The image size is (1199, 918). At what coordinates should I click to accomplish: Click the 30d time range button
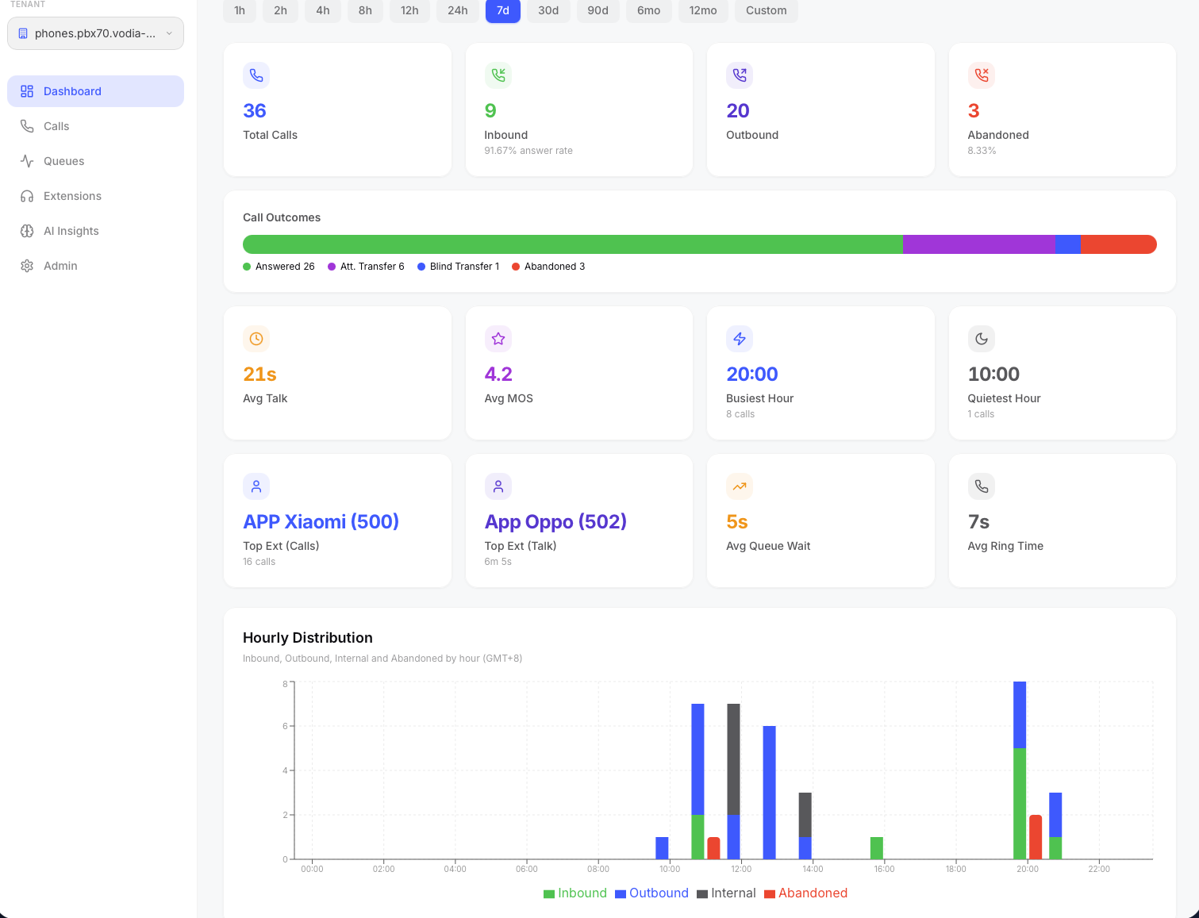(548, 10)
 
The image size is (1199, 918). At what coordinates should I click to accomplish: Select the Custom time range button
(766, 10)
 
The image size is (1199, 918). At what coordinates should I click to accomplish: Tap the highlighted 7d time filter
(502, 10)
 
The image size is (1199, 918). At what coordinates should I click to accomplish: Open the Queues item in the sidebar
(63, 161)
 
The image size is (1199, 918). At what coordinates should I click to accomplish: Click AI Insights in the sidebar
(71, 231)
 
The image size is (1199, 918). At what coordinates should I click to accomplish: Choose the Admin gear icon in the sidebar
(27, 266)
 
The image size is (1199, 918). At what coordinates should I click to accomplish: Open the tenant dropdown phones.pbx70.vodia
(95, 33)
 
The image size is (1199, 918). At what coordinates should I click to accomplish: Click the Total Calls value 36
(254, 111)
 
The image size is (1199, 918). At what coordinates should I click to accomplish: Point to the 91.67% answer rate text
(528, 151)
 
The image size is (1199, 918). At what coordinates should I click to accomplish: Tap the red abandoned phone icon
(982, 75)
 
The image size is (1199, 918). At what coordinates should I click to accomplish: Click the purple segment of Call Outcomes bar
(978, 244)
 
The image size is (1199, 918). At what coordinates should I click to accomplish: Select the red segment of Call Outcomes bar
(1117, 244)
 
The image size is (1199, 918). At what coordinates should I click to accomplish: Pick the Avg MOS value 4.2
(498, 374)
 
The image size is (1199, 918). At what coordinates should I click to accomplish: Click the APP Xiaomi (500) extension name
(321, 522)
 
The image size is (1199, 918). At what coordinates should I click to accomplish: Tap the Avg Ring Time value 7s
(978, 522)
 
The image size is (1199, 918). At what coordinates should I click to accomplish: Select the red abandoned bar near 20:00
(1036, 837)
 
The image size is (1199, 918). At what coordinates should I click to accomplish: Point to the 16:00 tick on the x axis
(884, 869)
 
